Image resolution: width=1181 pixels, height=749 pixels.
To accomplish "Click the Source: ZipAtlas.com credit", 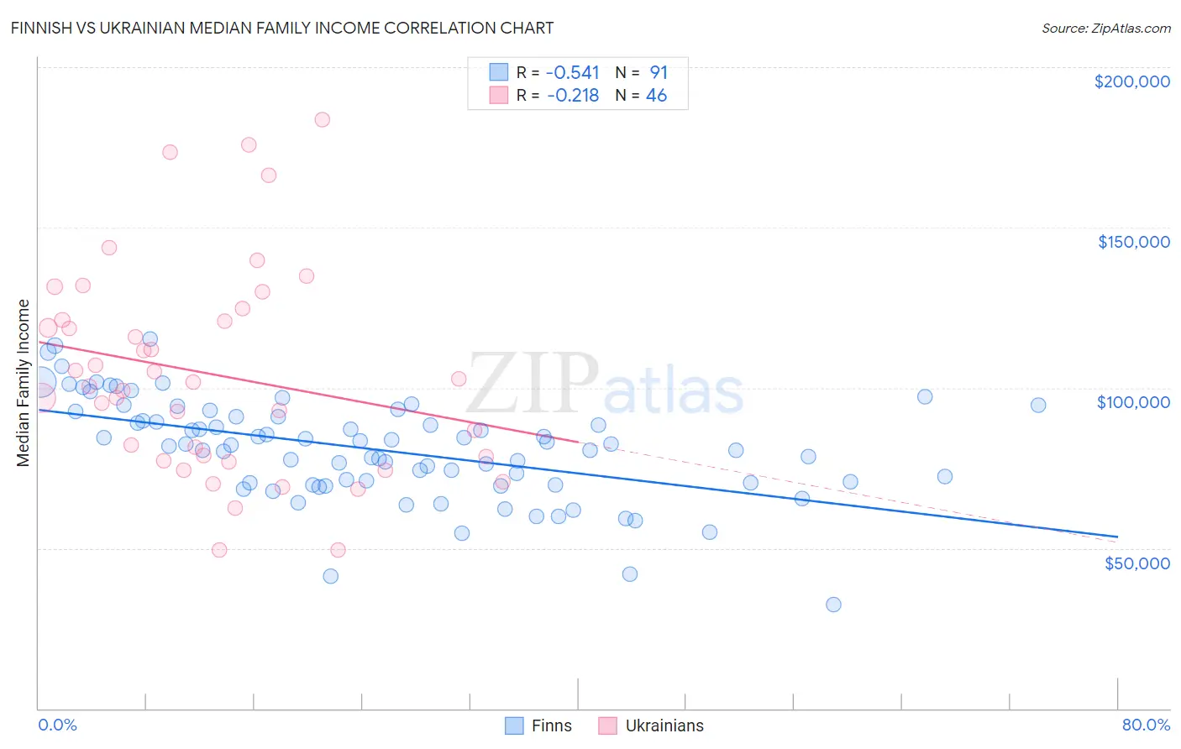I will [x=1105, y=28].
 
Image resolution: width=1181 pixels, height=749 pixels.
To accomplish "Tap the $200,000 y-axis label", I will [x=1131, y=81].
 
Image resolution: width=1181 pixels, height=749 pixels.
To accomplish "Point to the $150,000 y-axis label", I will [x=1133, y=242].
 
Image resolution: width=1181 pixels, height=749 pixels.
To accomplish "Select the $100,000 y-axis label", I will [x=1133, y=402].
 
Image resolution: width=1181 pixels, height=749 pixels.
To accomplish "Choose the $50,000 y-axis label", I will [x=1136, y=563].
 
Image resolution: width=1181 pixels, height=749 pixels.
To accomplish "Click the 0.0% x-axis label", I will [x=57, y=725].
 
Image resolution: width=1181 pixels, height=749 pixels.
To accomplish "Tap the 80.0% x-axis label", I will [x=1146, y=725].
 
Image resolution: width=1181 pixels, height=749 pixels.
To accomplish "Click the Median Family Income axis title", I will [x=23, y=383].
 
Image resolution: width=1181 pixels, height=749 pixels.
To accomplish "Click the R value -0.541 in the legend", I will [x=572, y=72].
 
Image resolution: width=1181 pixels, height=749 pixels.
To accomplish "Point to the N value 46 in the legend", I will [x=656, y=96].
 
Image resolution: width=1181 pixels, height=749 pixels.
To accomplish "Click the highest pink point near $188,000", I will [x=322, y=119].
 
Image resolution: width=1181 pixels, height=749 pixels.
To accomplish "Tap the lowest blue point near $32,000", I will [x=833, y=605].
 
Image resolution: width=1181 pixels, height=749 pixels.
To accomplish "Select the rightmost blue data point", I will [x=1038, y=405].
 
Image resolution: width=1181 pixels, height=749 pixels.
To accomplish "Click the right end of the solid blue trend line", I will [x=1117, y=536].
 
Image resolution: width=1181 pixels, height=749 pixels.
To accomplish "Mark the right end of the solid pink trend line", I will [x=578, y=441].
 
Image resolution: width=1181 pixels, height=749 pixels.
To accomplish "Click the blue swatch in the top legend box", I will [x=499, y=72].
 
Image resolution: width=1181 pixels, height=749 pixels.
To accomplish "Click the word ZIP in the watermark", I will [x=533, y=385].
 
